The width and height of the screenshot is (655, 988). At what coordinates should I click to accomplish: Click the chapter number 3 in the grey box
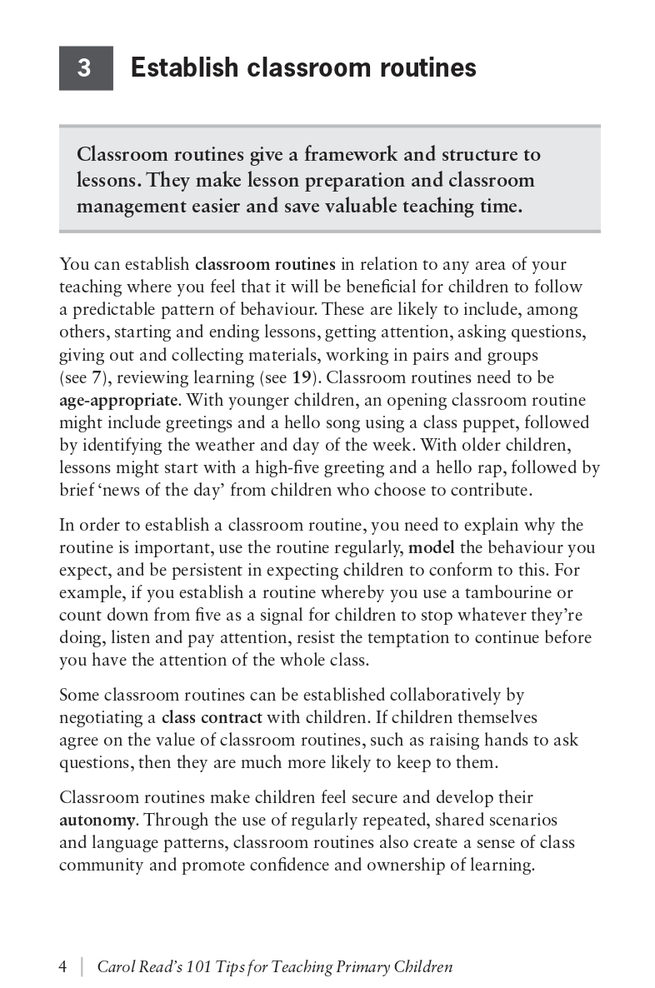coord(84,68)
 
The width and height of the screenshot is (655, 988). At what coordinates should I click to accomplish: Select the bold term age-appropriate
coord(117,400)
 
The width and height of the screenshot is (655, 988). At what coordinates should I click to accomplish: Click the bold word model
coord(430,548)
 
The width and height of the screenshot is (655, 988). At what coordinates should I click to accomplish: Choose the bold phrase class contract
coord(212,717)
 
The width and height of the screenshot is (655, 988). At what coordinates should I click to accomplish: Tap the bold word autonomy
coord(97,820)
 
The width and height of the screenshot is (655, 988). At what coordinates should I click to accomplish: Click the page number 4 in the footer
coord(63,967)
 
